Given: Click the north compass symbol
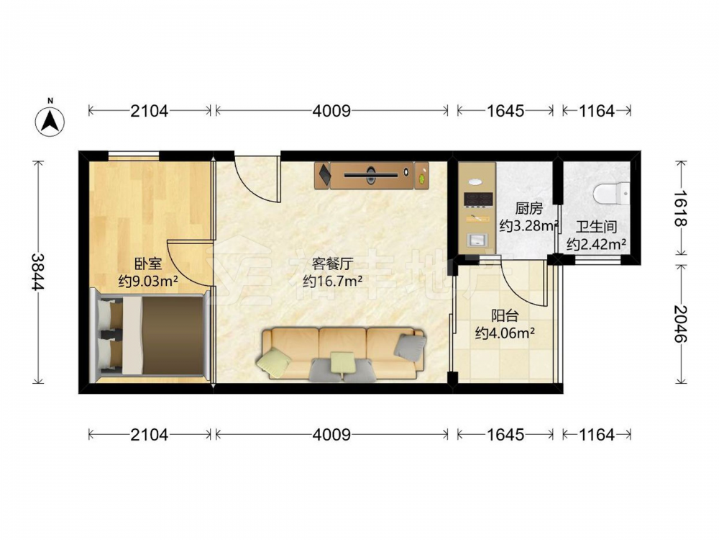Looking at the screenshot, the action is (50, 121).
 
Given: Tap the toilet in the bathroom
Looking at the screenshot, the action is (612, 193).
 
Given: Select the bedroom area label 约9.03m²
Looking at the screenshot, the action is (148, 280).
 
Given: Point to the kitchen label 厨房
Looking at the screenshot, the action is (528, 209).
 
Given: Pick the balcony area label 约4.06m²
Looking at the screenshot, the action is (505, 333).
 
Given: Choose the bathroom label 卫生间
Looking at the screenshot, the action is (596, 226).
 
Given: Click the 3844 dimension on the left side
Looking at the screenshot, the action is (37, 272).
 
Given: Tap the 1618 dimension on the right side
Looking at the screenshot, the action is (680, 208).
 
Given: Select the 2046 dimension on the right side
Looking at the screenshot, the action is (680, 324).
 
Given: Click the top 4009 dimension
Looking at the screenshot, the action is (331, 111).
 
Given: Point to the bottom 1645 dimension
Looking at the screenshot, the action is (505, 434).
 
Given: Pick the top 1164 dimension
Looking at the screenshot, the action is (596, 111).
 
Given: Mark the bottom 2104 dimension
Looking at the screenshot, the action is (150, 434).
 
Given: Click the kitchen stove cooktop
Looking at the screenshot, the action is (478, 199).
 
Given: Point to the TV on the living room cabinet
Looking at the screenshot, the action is (371, 174).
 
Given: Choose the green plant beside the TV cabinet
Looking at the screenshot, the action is (422, 175).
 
